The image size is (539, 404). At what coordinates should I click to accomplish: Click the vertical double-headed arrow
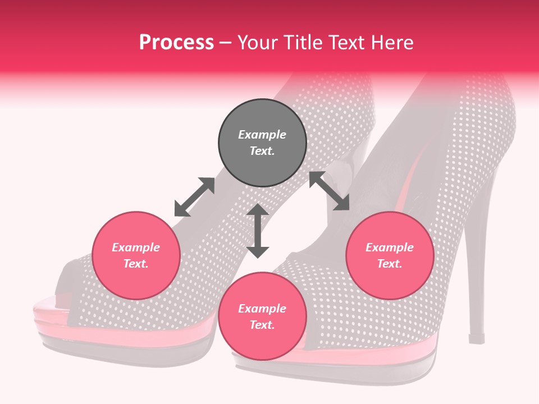[x=258, y=231]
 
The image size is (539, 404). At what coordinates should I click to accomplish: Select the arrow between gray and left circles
[x=194, y=197]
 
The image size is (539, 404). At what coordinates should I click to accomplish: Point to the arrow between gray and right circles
[x=329, y=191]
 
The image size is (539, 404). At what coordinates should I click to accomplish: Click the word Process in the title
[x=176, y=43]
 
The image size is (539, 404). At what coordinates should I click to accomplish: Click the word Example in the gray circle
[x=262, y=135]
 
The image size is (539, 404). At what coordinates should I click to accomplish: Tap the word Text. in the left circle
[x=136, y=264]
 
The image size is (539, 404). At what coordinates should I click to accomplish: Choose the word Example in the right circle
[x=390, y=247]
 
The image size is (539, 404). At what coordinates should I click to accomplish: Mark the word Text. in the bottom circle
[x=262, y=325]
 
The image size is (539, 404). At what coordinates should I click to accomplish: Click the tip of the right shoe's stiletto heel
[x=477, y=339]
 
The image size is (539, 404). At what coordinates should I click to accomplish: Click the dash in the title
[x=226, y=43]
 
